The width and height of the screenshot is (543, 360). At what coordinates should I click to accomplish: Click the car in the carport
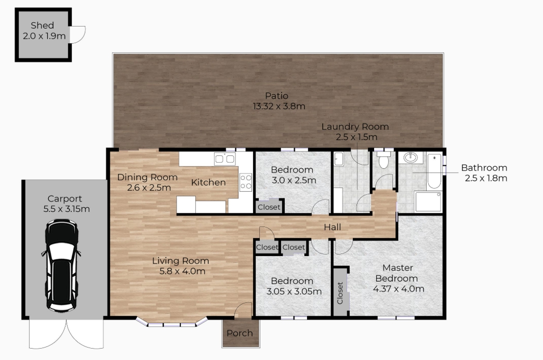click(62, 265)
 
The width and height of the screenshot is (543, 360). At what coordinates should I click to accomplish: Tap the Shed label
click(42, 25)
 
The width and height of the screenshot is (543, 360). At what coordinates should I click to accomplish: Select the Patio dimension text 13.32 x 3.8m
click(279, 106)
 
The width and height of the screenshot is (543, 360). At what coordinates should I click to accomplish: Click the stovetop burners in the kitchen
click(246, 182)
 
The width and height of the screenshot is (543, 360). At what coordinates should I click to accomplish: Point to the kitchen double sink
click(225, 159)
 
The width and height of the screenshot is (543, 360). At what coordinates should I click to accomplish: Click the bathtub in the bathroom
click(434, 171)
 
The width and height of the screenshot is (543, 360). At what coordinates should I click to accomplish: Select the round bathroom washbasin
click(410, 158)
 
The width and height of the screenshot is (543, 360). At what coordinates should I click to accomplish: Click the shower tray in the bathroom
click(428, 202)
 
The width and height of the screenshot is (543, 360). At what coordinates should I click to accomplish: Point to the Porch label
click(240, 333)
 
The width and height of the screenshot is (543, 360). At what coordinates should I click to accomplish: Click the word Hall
click(333, 227)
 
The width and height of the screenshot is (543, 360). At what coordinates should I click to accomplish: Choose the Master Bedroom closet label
click(340, 293)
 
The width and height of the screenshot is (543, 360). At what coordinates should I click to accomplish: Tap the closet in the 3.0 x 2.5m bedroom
click(269, 207)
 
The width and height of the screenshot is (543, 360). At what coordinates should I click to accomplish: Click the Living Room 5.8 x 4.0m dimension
click(182, 271)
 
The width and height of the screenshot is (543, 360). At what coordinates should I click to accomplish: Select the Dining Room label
click(148, 177)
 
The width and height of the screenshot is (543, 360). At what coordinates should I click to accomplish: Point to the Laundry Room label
click(355, 127)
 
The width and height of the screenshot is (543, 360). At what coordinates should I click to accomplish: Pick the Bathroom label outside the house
click(484, 168)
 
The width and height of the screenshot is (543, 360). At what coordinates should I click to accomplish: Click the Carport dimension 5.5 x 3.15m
click(67, 209)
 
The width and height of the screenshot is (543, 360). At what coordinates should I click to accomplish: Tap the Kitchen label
click(208, 182)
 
